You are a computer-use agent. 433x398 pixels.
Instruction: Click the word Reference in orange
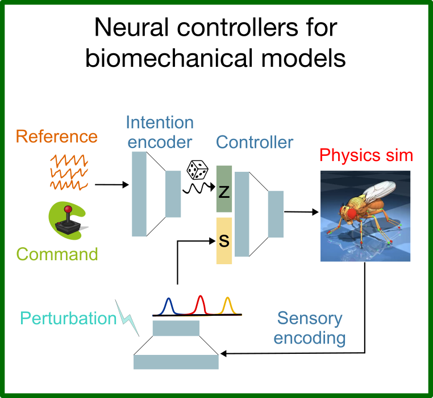point(56,137)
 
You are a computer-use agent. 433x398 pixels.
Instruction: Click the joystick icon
point(68,220)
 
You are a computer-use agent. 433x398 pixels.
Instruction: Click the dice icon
point(197,170)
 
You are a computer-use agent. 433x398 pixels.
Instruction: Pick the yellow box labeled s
point(224,241)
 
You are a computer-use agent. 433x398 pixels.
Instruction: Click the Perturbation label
point(68,318)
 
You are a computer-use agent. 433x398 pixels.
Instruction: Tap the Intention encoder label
point(160,131)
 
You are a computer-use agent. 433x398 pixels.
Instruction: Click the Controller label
point(255,141)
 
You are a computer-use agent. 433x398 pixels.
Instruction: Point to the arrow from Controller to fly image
point(301,213)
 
